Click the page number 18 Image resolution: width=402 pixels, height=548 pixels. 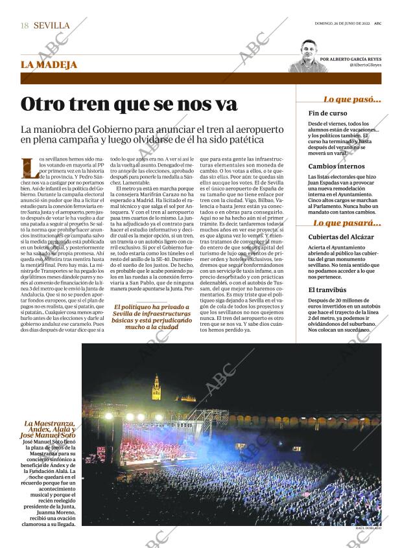(x=25, y=25)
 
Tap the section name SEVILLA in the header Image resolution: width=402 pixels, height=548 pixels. (x=51, y=25)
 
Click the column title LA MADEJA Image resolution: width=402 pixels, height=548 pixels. (x=49, y=65)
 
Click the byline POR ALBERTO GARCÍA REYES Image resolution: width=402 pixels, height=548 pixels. (x=355, y=58)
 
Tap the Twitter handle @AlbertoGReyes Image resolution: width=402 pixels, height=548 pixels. (x=365, y=65)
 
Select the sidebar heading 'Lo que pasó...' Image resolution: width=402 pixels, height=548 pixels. (x=351, y=99)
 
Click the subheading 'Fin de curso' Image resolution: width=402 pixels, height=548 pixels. (x=327, y=113)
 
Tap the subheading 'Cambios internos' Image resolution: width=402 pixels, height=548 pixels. (x=337, y=166)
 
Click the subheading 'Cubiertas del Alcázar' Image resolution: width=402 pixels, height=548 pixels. (x=341, y=237)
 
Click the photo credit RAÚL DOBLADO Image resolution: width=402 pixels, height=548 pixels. (x=368, y=529)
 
